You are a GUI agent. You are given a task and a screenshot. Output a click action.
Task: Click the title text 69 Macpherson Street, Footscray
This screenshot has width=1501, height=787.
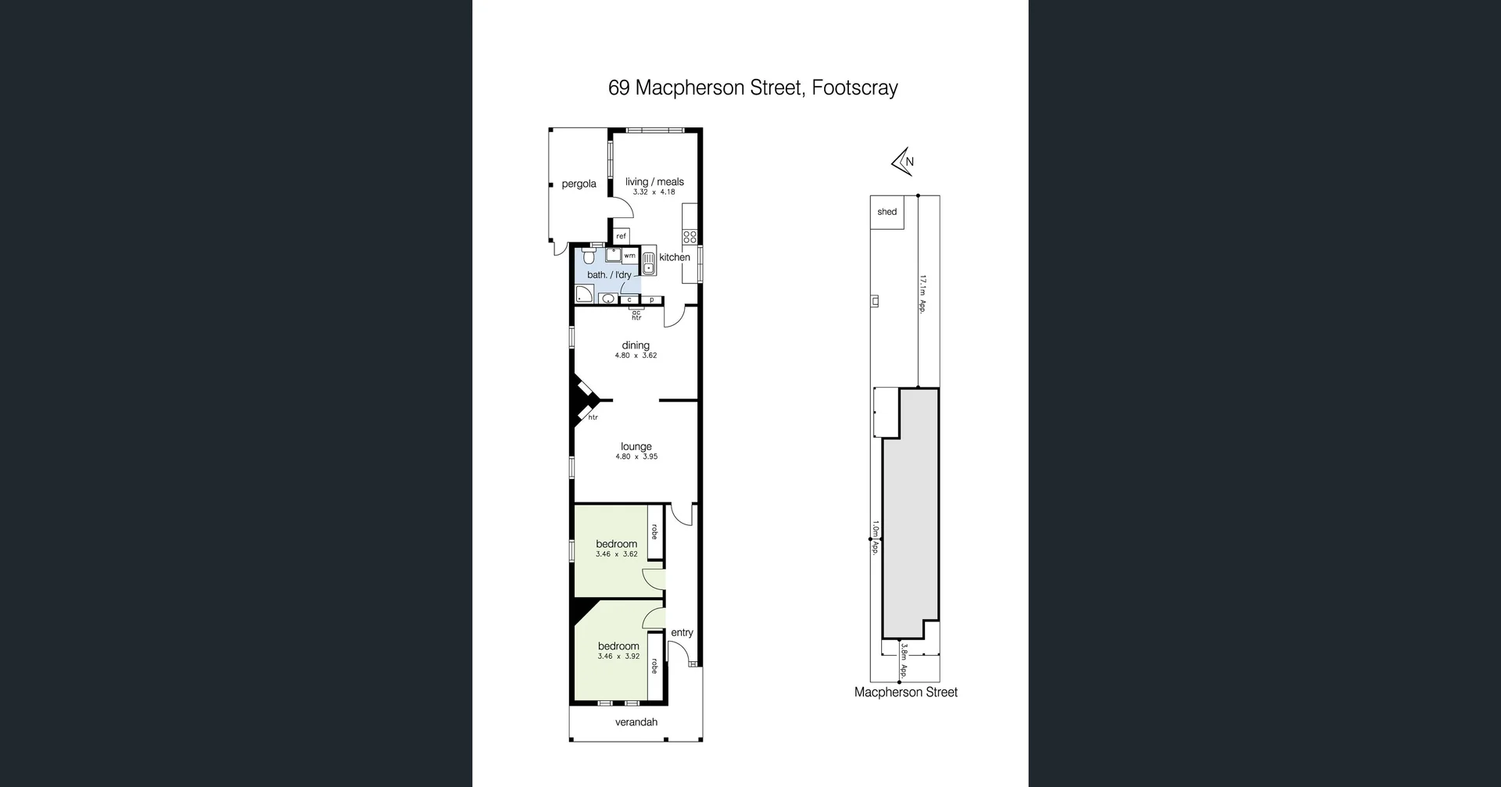click(752, 88)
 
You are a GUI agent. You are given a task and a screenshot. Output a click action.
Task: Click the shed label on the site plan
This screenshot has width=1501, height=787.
click(887, 212)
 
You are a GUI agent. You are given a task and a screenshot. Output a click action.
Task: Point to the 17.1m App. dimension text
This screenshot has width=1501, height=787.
click(922, 293)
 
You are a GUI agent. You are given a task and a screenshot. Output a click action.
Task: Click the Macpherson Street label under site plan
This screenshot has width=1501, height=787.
click(905, 692)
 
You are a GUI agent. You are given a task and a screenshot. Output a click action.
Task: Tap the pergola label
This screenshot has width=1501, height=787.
click(579, 184)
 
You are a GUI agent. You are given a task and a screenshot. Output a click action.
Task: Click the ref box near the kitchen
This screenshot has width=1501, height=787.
click(621, 236)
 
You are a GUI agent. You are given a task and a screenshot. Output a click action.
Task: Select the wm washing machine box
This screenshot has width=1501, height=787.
click(629, 256)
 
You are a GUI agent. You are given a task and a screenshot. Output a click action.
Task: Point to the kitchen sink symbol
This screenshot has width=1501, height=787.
click(649, 263)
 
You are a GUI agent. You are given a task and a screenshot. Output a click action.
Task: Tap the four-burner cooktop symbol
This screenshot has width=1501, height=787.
click(690, 235)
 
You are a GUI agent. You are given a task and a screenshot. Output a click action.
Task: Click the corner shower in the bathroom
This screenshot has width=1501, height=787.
click(584, 295)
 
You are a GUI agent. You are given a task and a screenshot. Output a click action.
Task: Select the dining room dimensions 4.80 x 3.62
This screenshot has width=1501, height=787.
click(636, 356)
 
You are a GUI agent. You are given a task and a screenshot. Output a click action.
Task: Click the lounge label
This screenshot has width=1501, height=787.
click(636, 446)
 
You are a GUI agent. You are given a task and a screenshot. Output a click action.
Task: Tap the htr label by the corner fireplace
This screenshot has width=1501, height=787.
click(593, 417)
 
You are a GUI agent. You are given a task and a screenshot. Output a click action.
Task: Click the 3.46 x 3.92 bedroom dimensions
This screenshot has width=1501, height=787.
click(618, 656)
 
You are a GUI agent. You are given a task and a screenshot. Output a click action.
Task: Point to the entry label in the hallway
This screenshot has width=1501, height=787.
click(682, 633)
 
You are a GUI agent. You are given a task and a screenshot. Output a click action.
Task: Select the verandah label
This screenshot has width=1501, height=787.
click(636, 722)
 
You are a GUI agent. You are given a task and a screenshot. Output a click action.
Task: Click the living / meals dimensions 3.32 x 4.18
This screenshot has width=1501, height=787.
click(654, 192)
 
